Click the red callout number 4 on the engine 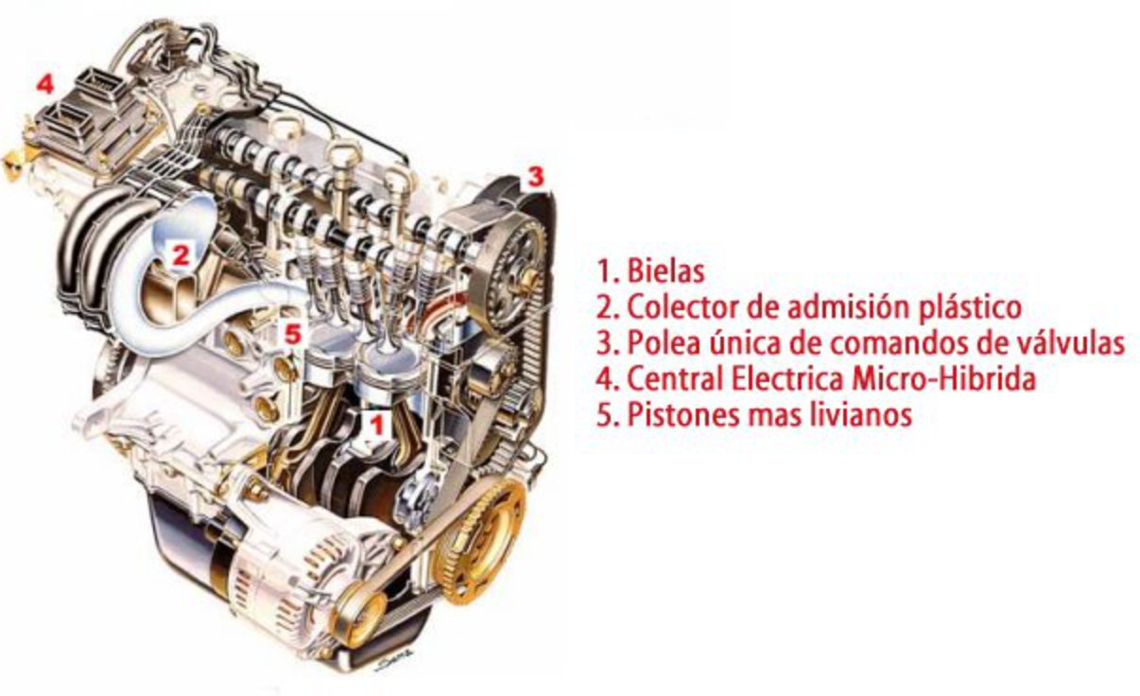(44, 84)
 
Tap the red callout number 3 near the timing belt (535, 177)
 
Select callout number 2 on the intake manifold (181, 255)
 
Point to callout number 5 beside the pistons (293, 335)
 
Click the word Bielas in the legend (665, 270)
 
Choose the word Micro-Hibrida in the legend (943, 379)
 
